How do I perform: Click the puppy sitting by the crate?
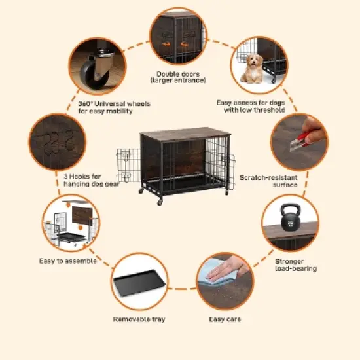tap(252, 68)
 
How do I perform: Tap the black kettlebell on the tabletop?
tap(291, 217)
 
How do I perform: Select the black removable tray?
tap(139, 283)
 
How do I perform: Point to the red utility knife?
tap(299, 140)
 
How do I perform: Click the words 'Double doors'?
tap(178, 74)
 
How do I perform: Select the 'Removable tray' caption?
tap(139, 319)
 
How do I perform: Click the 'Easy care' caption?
tap(225, 319)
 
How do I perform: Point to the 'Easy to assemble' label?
tap(67, 261)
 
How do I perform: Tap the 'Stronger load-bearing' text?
tap(296, 265)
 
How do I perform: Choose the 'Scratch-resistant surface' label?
tap(268, 181)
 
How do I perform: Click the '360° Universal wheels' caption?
tap(115, 104)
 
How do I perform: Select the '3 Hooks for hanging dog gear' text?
tap(92, 180)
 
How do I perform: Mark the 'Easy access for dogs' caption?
tap(251, 103)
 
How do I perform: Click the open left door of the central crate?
tap(128, 165)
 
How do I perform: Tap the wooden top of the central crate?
tap(185, 134)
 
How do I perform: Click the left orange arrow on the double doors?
tap(167, 44)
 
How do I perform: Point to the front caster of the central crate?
tap(160, 202)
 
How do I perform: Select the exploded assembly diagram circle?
tap(71, 223)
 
